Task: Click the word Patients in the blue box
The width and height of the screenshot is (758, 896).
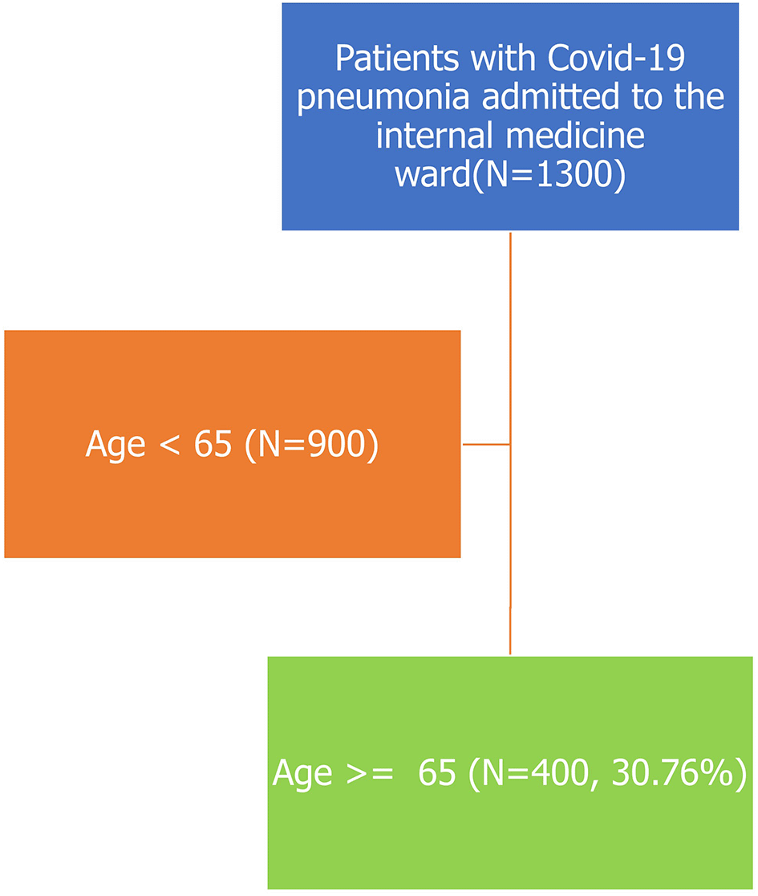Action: [397, 58]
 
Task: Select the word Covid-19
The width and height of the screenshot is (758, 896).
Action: [616, 58]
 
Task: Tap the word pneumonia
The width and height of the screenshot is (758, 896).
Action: [383, 98]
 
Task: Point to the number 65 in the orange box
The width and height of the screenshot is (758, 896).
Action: [213, 444]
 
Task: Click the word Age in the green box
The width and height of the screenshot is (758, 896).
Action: [302, 774]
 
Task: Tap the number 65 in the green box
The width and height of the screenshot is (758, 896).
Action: [437, 772]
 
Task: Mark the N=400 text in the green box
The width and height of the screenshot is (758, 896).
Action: [534, 774]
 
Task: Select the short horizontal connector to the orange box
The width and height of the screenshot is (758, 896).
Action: [486, 444]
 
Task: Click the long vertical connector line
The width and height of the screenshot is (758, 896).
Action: [510, 443]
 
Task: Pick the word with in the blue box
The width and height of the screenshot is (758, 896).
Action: [503, 58]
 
